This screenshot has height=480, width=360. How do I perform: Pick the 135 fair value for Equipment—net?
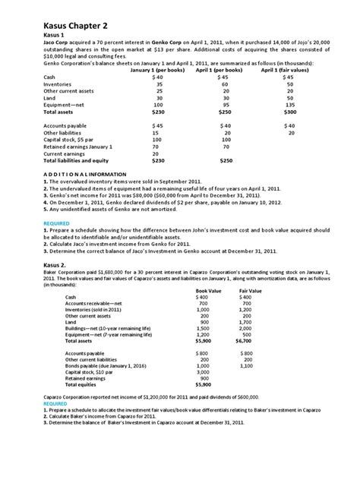(289, 104)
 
